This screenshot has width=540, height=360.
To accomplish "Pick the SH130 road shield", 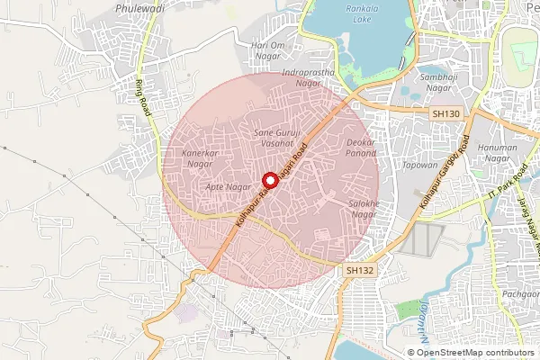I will point(445,113).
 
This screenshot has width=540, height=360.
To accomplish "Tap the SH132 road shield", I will point(360,270).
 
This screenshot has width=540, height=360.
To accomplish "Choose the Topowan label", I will point(394,166).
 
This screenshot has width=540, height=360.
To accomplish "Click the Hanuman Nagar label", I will point(522,153).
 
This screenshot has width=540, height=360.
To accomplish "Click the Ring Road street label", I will point(142,97).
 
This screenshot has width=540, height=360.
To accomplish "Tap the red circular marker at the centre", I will point(267,179).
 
